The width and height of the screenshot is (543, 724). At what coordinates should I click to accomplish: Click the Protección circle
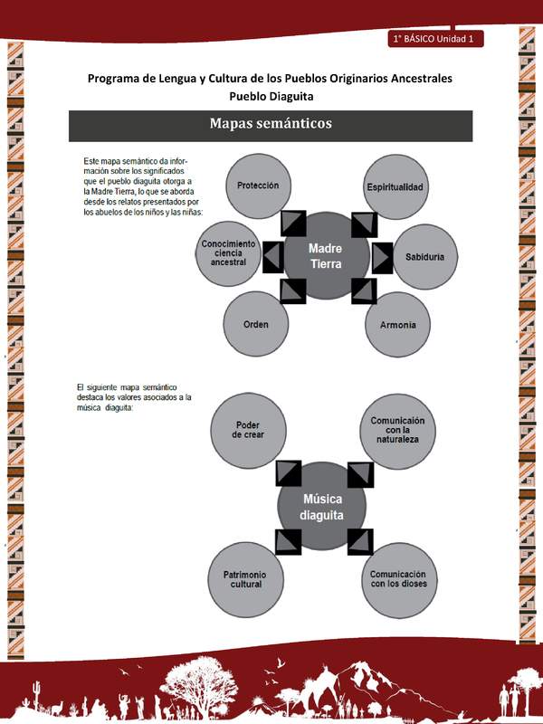pos(257,186)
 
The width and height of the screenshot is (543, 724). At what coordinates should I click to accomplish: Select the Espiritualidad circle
pos(395,186)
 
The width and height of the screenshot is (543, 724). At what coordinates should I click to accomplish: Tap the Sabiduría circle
pos(424,257)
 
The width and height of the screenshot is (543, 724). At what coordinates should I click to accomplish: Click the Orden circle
pos(256,324)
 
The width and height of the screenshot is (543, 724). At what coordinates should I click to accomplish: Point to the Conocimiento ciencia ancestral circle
pos(229,253)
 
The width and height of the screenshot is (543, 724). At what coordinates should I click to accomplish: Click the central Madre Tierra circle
pos(327,256)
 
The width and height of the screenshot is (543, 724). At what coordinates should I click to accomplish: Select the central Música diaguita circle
pos(323,506)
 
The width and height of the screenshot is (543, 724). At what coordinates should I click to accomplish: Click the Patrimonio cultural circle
pos(246,578)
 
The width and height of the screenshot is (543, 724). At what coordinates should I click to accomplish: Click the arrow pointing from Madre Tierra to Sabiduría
pos(382,258)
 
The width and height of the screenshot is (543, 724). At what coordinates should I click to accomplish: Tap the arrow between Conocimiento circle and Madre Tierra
pos(273,258)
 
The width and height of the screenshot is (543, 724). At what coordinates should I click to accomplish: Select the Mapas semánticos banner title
pos(271,124)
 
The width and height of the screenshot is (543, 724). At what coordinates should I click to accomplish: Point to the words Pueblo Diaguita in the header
pos(271,96)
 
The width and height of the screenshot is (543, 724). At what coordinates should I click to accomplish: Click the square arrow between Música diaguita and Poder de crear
pos(288,473)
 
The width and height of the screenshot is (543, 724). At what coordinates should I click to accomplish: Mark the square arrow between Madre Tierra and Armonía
pos(364,291)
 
